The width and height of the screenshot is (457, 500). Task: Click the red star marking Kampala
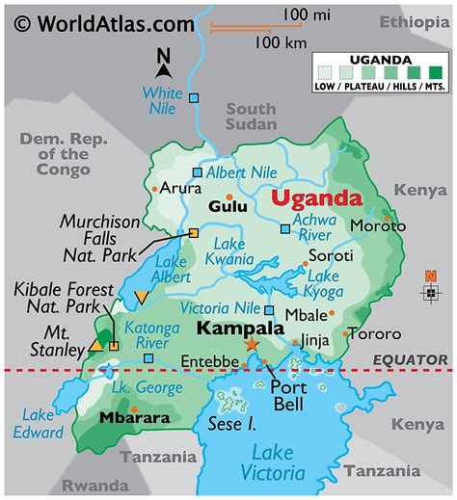click(253, 344)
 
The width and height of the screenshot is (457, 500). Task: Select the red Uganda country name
click(316, 200)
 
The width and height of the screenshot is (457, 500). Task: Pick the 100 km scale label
click(282, 42)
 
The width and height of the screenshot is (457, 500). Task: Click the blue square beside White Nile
click(195, 98)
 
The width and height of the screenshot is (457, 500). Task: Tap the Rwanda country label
click(94, 485)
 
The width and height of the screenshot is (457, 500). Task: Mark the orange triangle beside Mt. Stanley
click(96, 344)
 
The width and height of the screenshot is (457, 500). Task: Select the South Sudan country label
click(251, 117)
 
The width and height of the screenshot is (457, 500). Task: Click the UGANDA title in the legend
click(384, 59)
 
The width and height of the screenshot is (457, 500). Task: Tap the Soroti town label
click(331, 257)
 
